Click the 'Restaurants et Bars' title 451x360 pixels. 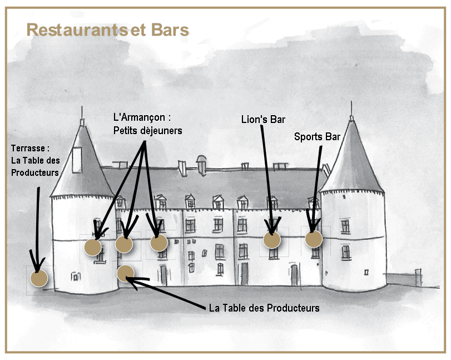point(107,30)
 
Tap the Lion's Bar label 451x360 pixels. point(263,120)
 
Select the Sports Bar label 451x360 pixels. point(317,137)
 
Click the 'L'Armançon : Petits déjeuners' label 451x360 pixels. point(147,124)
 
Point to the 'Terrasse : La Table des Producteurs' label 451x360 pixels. point(36,160)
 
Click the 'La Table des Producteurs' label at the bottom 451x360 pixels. point(264,308)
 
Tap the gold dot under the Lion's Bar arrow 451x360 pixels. point(272,240)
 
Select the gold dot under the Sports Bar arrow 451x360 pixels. point(314,239)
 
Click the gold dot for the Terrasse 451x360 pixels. point(39,278)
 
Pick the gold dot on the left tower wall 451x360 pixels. point(93,247)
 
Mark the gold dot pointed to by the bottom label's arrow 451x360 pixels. point(126,274)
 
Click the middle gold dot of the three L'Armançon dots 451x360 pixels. point(124,244)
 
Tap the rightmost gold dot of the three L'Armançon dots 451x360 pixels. point(159,243)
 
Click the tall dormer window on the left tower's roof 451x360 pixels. point(77,160)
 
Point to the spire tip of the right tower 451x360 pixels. point(351,101)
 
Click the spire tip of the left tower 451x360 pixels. point(82,107)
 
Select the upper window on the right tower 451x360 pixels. point(345,226)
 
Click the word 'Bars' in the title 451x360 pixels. point(170,30)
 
